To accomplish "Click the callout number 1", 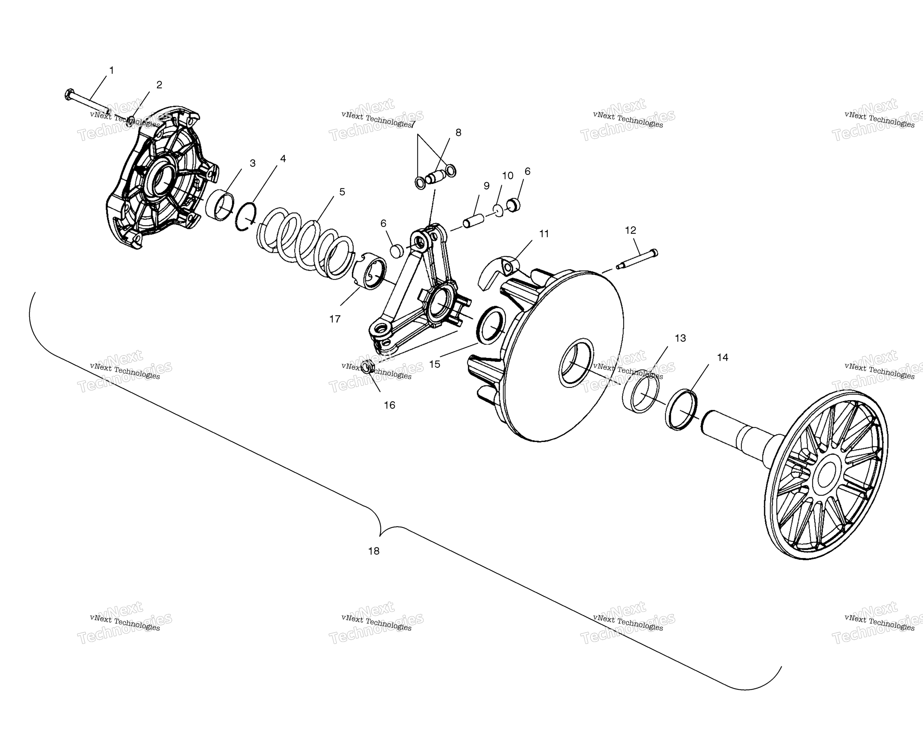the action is tap(112, 70).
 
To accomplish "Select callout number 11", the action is tap(544, 234).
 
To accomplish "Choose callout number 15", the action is tap(435, 364).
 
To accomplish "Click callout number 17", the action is tap(335, 319).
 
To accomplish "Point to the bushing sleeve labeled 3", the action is tap(219, 205).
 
